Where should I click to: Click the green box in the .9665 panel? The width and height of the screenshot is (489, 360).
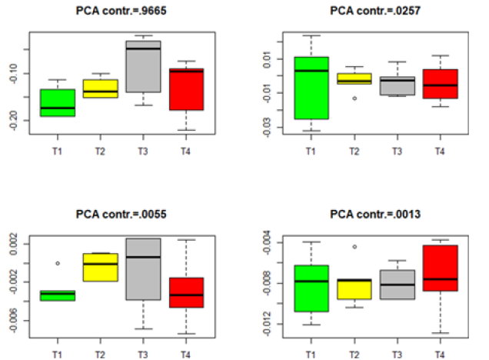coord(58,102)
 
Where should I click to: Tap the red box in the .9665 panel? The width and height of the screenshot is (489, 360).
coord(186,89)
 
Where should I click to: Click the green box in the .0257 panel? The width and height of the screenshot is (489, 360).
coord(311,88)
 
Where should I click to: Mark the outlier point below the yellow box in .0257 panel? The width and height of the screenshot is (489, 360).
coord(354,98)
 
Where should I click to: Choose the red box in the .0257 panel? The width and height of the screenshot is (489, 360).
coord(439,84)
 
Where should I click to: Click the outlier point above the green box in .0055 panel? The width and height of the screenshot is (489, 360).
coord(58,263)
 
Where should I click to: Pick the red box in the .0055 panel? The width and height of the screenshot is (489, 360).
coord(186,292)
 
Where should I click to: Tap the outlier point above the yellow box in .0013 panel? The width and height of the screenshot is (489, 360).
coord(354,247)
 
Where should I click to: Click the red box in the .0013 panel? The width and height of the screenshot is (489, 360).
coord(439,268)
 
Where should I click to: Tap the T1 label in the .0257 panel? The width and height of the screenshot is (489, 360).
coord(311,151)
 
